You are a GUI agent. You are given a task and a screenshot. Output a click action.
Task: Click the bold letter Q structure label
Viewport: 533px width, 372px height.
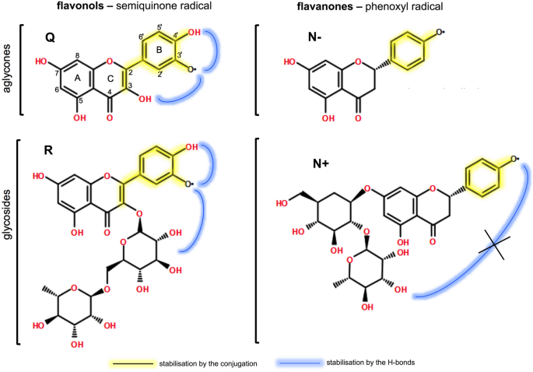49,37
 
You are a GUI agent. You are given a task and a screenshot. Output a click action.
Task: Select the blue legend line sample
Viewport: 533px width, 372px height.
300,363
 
